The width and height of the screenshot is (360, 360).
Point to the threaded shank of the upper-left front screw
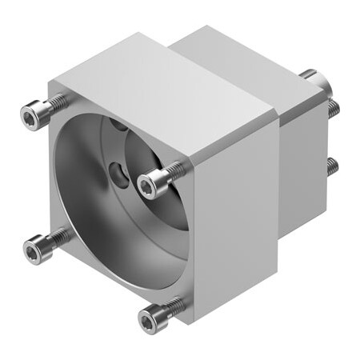tap(57, 102)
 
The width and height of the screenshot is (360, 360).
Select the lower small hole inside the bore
tap(118, 170)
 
